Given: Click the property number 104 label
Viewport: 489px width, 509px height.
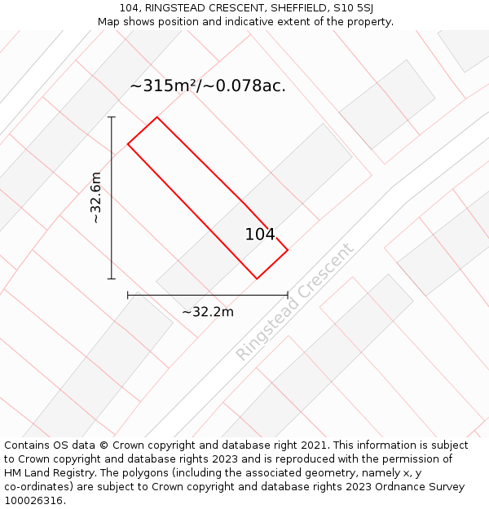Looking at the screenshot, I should click(260, 235).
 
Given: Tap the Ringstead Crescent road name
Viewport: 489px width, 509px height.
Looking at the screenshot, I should click(295, 302).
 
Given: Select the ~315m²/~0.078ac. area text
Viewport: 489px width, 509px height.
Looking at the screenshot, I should click(208, 86).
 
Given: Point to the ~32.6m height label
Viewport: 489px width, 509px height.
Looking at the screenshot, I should click(95, 198).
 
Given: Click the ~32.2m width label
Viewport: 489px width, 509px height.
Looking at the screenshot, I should click(208, 312).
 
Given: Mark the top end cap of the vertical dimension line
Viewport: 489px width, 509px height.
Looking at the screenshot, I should click(112, 117).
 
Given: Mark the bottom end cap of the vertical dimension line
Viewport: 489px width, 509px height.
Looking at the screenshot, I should click(112, 279).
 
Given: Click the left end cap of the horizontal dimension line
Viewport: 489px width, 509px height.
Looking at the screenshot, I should click(128, 295).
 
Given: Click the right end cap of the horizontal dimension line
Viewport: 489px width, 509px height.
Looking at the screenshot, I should click(288, 295).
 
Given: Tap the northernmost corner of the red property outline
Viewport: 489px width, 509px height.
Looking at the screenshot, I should click(156, 117).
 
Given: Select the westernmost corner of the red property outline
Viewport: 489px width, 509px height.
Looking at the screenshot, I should click(128, 145).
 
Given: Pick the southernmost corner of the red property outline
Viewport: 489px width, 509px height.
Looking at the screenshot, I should click(257, 279).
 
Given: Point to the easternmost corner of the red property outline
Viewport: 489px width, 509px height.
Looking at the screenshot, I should click(288, 249).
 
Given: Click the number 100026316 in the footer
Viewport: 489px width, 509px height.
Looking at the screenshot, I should click(33, 501).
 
